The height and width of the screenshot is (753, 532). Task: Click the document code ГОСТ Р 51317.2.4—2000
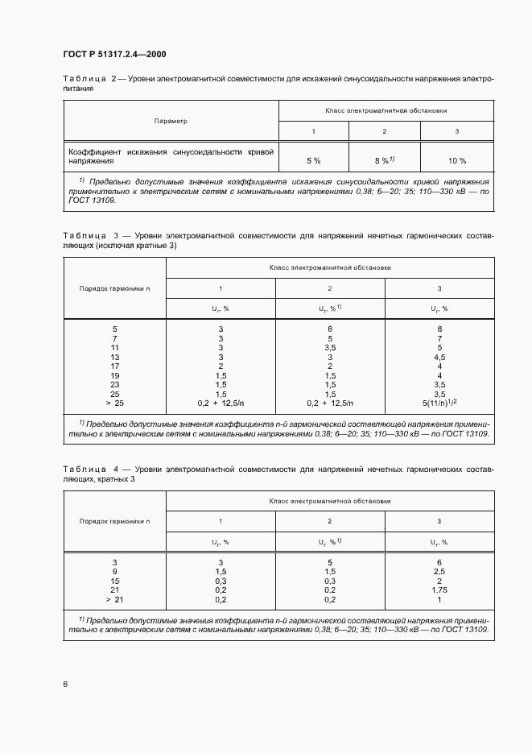point(114,54)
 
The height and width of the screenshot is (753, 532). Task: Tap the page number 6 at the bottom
point(65,684)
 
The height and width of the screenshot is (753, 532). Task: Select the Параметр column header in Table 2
point(171,121)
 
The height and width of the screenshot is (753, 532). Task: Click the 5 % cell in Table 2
point(313,160)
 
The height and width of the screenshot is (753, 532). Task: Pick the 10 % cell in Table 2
point(457,160)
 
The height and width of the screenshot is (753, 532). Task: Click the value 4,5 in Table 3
point(439,356)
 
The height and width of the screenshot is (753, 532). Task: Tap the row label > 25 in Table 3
point(114,402)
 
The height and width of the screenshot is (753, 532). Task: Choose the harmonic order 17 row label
point(114,366)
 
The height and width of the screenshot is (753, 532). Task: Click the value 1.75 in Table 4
point(439,590)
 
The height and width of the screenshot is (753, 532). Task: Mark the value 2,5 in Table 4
point(439,571)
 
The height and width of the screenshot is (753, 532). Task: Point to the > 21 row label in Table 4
point(114,600)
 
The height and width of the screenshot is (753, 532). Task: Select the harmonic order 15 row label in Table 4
point(114,581)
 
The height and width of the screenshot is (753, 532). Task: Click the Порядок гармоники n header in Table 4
point(114,522)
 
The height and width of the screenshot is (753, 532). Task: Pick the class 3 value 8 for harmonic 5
point(439,329)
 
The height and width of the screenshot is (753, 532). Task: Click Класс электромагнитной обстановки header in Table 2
point(386,110)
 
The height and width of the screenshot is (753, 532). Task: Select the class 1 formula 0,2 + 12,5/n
point(221,402)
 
